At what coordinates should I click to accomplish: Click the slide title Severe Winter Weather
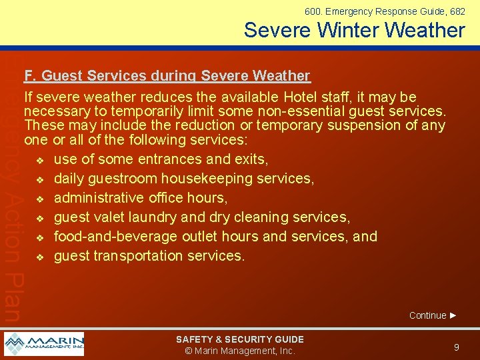pos(354,30)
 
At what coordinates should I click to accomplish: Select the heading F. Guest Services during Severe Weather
pos(167,76)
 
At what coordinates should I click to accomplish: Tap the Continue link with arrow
pos(433,315)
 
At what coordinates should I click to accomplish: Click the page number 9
pos(456,347)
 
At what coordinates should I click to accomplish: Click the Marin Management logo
pos(44,344)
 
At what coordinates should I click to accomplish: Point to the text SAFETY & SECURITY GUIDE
pos(239,339)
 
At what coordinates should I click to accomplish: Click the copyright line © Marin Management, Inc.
pos(239,351)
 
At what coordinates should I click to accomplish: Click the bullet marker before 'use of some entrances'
pos(40,160)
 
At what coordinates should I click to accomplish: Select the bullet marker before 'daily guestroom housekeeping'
pos(40,179)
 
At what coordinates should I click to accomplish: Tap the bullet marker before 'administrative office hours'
pos(40,199)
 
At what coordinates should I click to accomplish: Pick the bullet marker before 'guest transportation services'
pos(40,257)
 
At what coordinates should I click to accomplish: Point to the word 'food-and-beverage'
pos(115,237)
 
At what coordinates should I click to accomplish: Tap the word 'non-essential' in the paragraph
pos(305,111)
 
